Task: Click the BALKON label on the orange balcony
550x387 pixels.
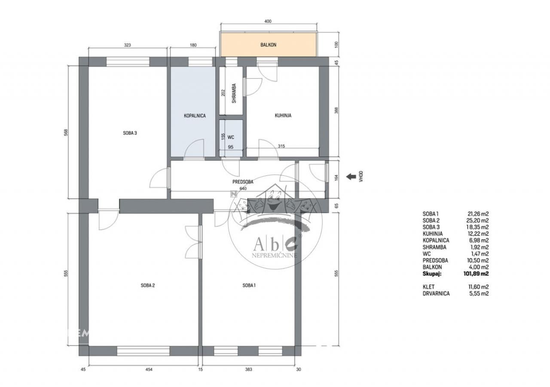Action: click(269, 45)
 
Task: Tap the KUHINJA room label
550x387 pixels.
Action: click(283, 115)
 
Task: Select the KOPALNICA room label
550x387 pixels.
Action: click(195, 116)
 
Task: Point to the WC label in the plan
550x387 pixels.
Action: click(231, 137)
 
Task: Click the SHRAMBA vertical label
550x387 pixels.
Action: click(234, 93)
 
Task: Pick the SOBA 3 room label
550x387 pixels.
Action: click(130, 133)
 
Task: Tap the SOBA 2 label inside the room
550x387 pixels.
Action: click(148, 285)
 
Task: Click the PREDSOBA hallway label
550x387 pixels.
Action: click(243, 182)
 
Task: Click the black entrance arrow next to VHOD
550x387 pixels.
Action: click(351, 176)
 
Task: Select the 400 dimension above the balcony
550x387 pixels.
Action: click(268, 21)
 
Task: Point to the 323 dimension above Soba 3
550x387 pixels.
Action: click(128, 45)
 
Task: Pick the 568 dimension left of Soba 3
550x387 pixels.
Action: click(66, 132)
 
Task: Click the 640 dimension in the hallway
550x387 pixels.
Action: click(243, 188)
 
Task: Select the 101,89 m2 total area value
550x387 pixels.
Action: click(476, 273)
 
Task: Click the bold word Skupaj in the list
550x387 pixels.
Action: click(432, 274)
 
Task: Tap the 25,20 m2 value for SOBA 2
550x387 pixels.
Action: click(477, 221)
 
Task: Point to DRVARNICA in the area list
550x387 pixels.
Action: click(436, 293)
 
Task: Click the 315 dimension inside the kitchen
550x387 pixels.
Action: click(281, 146)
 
